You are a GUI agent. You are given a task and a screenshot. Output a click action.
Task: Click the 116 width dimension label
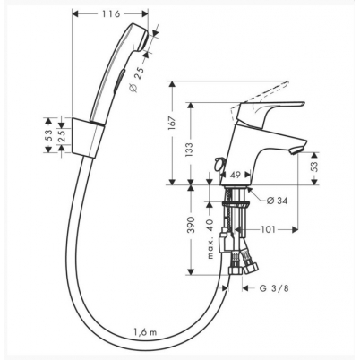point(111,13)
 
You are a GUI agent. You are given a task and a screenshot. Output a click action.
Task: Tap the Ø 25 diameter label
point(137,79)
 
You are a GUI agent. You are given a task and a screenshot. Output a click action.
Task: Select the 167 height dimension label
point(172,123)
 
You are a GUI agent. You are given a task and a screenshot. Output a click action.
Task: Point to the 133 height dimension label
point(189,150)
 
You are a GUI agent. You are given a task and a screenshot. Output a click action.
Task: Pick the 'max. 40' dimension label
point(210,239)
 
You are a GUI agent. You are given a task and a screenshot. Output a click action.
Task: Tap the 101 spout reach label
point(268,229)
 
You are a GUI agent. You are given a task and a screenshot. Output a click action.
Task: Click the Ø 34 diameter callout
point(277,201)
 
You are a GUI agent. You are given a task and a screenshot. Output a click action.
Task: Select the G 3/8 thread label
point(274,288)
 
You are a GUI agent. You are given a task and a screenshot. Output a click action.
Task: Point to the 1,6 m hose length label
point(145,332)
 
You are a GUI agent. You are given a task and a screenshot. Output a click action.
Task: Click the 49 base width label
point(236,175)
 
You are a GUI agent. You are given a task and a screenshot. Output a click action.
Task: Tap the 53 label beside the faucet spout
point(314,167)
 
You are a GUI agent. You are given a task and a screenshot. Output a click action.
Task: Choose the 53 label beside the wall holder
point(49,136)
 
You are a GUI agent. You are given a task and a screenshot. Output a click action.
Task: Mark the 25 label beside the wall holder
point(62,136)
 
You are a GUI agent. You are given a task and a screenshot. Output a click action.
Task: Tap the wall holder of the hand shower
point(88,136)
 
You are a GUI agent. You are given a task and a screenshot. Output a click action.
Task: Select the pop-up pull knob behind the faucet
point(219,163)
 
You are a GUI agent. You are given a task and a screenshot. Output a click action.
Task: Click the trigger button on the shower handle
point(118,78)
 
